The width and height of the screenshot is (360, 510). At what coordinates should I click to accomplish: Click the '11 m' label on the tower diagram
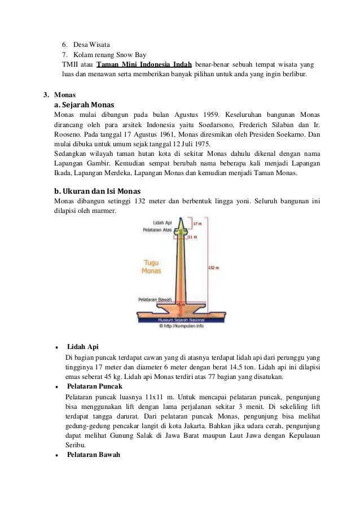point(192,237)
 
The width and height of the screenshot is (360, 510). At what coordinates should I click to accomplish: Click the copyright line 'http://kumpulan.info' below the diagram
point(180,325)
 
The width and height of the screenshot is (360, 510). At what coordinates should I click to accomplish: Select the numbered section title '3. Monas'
point(59,94)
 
